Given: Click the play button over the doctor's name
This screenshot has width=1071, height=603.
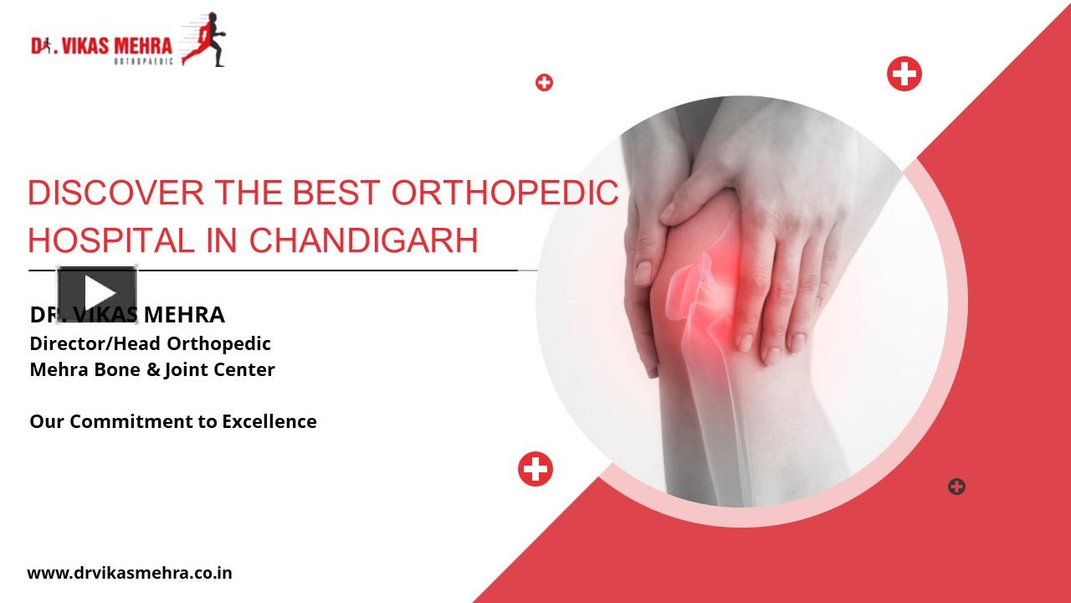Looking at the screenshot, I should [97, 293].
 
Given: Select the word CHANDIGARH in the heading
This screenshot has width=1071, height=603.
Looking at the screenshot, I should [364, 241].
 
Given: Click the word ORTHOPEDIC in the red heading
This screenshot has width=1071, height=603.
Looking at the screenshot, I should [505, 193].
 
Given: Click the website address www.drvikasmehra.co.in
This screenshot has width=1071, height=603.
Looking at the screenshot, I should [130, 573].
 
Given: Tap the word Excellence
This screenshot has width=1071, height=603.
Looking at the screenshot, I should [269, 421].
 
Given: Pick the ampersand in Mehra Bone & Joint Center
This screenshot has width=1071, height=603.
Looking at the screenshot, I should [153, 369].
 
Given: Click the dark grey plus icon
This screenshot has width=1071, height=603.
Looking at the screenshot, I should [956, 487].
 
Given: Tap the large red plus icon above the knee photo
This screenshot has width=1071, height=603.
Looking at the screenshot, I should [904, 75].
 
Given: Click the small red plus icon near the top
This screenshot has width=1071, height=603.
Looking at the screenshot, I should [545, 82].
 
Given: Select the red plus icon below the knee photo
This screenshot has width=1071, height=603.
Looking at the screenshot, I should [535, 469].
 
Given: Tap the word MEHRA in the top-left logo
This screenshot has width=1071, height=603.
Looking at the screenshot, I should [142, 45].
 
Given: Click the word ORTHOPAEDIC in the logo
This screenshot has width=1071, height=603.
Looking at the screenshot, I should [142, 61].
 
